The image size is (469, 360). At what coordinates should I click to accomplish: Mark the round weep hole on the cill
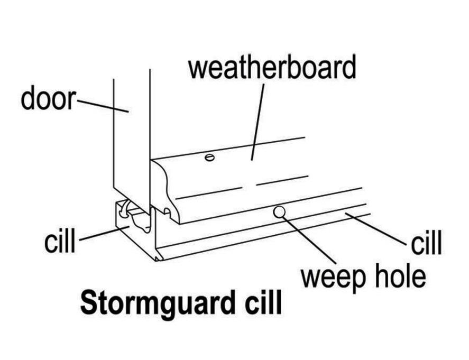tap(279, 213)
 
